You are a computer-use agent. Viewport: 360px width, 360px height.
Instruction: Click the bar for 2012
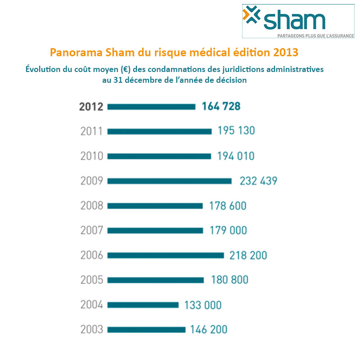coord(151,107)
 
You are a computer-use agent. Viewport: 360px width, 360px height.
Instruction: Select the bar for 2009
coord(169,181)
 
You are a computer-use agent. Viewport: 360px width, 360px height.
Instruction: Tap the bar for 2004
coord(143,305)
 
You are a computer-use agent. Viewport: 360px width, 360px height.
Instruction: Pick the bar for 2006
coord(165,255)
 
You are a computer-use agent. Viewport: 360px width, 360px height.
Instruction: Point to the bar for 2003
coord(146,329)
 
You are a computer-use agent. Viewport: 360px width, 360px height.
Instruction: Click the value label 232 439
coord(258,181)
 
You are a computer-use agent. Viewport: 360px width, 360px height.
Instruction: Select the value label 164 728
coord(221,107)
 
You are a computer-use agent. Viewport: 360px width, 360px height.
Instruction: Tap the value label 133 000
coord(203,305)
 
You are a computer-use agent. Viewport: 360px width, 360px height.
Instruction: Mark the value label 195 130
coord(236,131)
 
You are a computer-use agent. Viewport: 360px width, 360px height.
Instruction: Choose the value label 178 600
coord(228,206)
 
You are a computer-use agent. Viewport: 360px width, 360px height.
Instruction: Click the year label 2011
coord(92,131)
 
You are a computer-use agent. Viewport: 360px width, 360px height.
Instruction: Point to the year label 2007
coord(92,230)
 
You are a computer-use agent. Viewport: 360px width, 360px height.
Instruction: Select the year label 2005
coord(92,280)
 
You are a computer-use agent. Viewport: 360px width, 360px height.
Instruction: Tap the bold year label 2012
coord(91,107)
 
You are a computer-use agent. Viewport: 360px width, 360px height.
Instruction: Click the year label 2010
coord(92,156)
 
